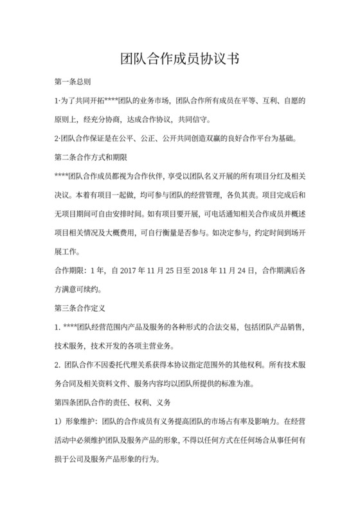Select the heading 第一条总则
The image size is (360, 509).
[x=72, y=82]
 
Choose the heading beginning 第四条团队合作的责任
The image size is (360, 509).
[x=113, y=402]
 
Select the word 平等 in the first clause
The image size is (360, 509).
[x=248, y=101]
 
